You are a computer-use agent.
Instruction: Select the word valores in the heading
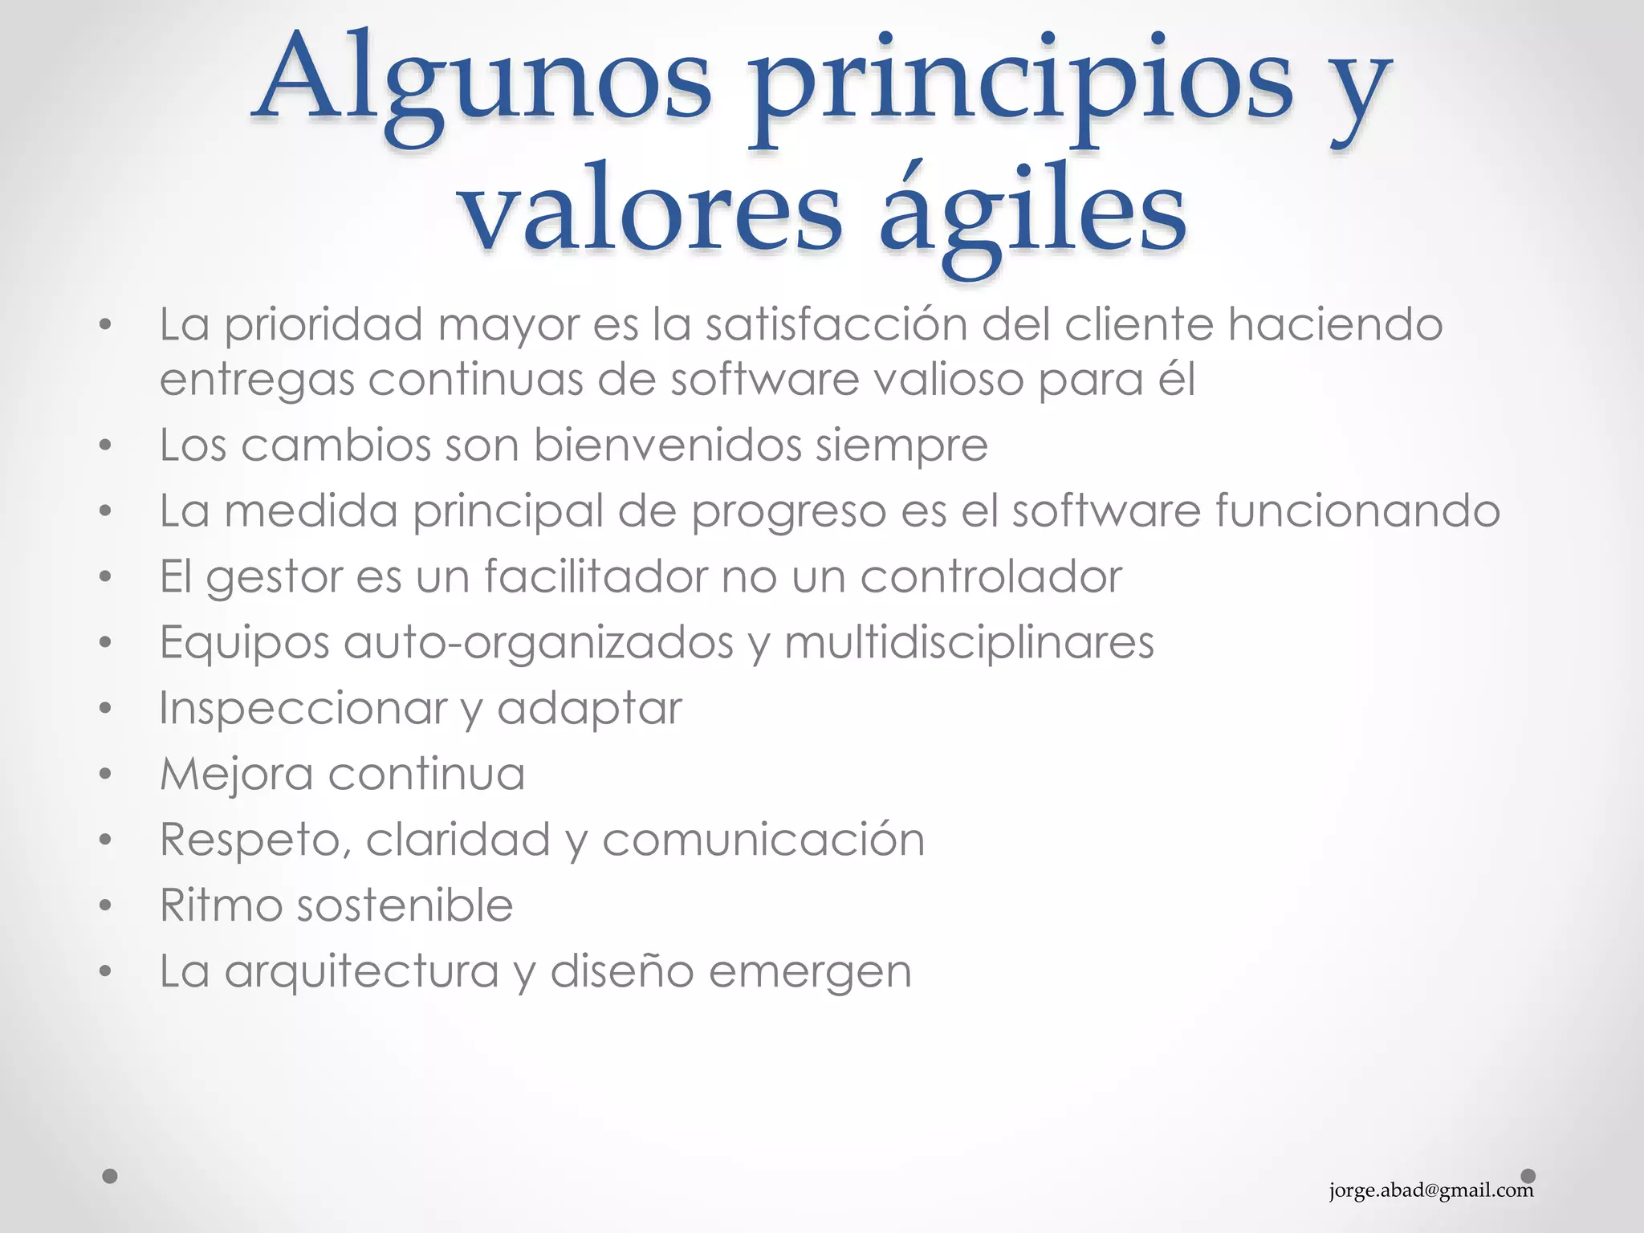pyautogui.click(x=652, y=210)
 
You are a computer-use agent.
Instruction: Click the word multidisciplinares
pyautogui.click(x=969, y=642)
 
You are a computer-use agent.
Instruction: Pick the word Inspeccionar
pyautogui.click(x=303, y=708)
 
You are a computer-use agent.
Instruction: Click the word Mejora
pyautogui.click(x=236, y=774)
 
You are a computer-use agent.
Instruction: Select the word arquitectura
pyautogui.click(x=361, y=971)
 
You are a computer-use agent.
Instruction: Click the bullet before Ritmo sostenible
pyautogui.click(x=105, y=906)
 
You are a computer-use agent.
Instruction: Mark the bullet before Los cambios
pyautogui.click(x=105, y=446)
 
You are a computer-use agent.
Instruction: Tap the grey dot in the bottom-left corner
pyautogui.click(x=111, y=1176)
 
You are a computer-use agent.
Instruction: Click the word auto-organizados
pyautogui.click(x=539, y=642)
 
